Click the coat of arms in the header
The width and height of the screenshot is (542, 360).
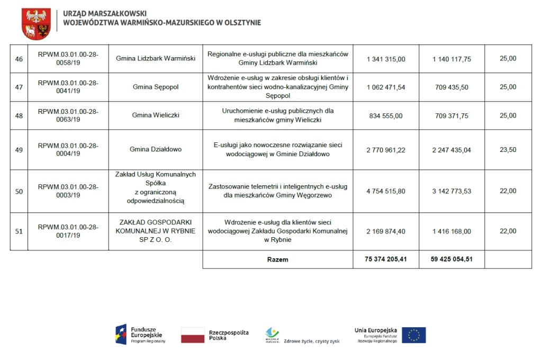pos(36,24)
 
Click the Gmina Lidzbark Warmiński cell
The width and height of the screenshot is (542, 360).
pos(156,58)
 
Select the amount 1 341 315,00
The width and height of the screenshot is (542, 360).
pos(386,59)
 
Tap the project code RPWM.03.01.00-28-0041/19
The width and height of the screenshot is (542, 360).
pos(68,87)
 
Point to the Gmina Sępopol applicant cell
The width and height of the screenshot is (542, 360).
pos(156,87)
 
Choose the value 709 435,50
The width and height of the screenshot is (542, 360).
pos(451,87)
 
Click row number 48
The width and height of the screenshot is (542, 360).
pos(19,115)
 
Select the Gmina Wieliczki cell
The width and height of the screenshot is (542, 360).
pos(156,115)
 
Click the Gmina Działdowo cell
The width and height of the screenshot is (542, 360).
pos(156,149)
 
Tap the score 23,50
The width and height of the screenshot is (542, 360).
pos(508,149)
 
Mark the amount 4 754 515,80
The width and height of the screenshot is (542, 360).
pos(386,191)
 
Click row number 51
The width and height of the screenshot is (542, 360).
pos(19,231)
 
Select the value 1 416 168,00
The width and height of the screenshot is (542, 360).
pos(451,231)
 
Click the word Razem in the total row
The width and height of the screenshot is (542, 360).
pos(278,260)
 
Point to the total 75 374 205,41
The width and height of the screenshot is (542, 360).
pos(386,259)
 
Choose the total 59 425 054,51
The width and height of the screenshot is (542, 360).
pos(451,259)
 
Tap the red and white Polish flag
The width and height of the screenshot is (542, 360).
pos(193,335)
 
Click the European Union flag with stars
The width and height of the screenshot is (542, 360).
pos(413,335)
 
